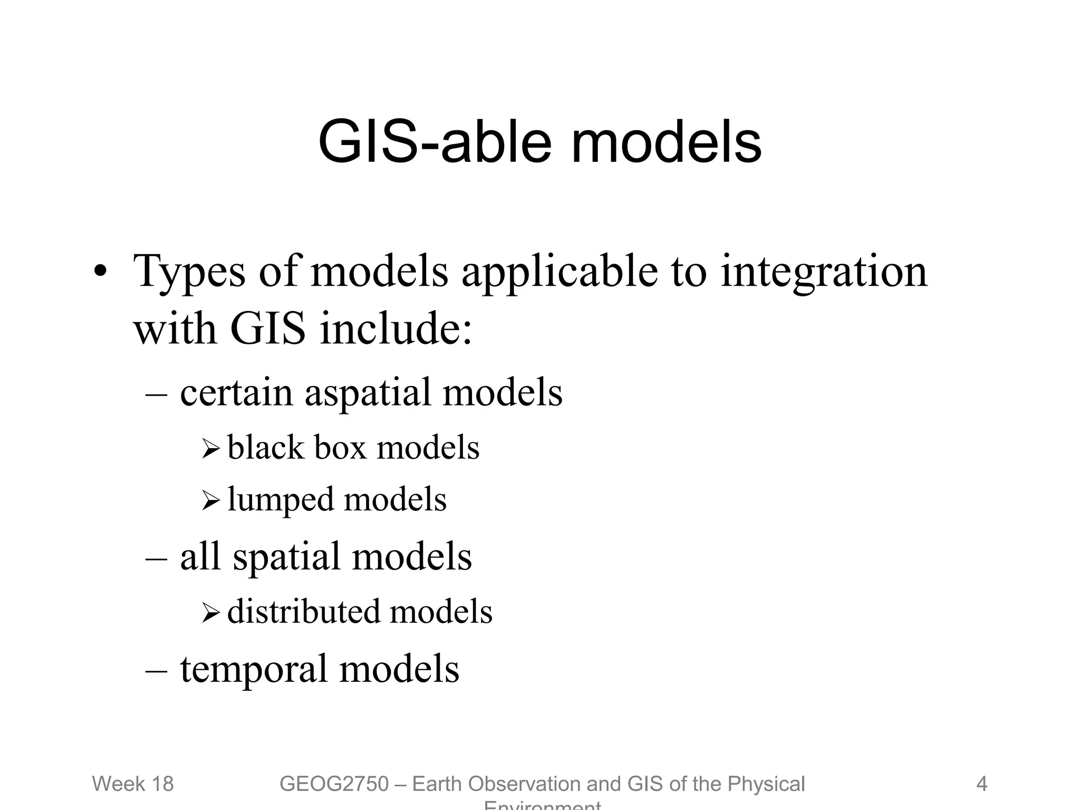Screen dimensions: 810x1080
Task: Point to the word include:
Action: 396,329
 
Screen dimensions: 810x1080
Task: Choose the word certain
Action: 236,393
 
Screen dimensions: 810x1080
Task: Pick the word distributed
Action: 303,612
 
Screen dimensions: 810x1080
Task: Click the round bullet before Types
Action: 100,272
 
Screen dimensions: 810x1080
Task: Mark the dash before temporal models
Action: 156,670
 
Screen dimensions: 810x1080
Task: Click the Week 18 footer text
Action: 133,784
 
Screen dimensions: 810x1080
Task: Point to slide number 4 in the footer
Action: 981,784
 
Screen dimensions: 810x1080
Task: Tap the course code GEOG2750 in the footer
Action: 334,784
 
